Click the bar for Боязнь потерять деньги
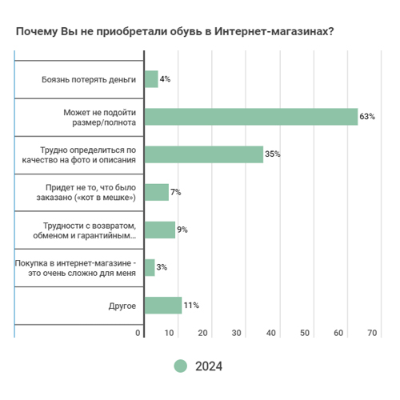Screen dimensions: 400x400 pyautogui.click(x=151, y=79)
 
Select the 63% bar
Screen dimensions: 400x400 pyautogui.click(x=251, y=117)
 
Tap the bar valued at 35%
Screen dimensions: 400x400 pyautogui.click(x=204, y=154)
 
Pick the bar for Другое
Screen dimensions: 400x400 pyautogui.click(x=163, y=306)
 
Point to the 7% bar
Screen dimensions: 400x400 pyautogui.click(x=157, y=192)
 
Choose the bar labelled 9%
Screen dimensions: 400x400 pyautogui.click(x=160, y=230)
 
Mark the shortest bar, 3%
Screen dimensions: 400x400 pyautogui.click(x=150, y=268)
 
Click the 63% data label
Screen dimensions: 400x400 pyautogui.click(x=367, y=117)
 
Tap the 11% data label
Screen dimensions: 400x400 pyautogui.click(x=191, y=305)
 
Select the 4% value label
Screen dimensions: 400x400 pyautogui.click(x=165, y=79)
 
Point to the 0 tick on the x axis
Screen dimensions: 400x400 pyautogui.click(x=138, y=333)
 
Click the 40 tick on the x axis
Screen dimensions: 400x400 pyautogui.click(x=271, y=333)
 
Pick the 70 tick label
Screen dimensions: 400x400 pyautogui.click(x=372, y=333)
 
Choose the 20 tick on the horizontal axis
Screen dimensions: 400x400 pyautogui.click(x=202, y=333)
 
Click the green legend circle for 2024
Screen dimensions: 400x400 pyautogui.click(x=181, y=366)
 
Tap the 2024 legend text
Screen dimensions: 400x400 pyautogui.click(x=209, y=366)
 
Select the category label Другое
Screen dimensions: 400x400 pyautogui.click(x=122, y=306)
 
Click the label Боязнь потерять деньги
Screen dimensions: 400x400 pyautogui.click(x=89, y=80)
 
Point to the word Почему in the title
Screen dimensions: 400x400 pyautogui.click(x=37, y=31)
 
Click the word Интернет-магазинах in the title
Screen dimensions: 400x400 pyautogui.click(x=274, y=31)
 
